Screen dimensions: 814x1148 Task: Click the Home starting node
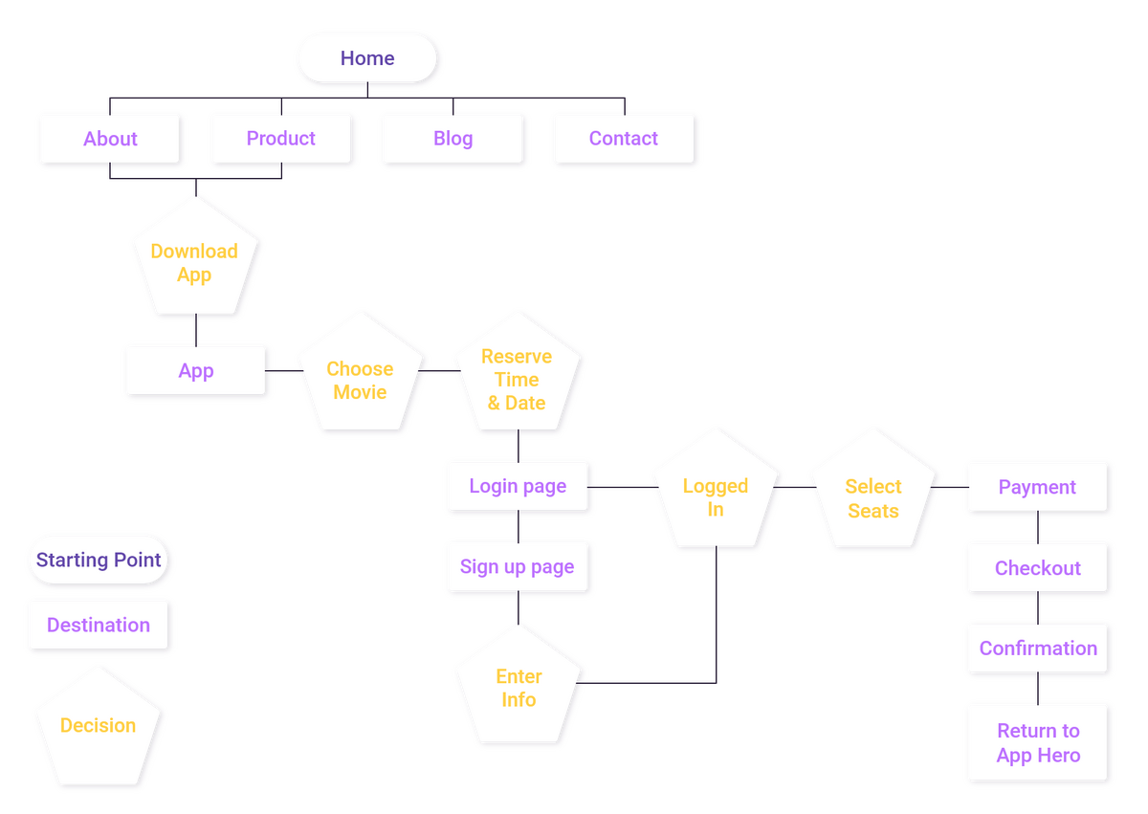pos(367,58)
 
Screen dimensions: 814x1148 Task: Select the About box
pos(110,139)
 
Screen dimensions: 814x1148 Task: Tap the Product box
pos(281,139)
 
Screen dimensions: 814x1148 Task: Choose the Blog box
pos(453,139)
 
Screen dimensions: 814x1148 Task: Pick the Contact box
pos(624,139)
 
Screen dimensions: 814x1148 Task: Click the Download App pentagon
pos(194,262)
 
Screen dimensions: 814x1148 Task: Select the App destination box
pos(196,371)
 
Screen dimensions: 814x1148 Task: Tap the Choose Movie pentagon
pos(360,379)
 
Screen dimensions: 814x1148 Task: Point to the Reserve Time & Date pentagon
pos(517,379)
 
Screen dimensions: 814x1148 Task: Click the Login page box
pos(518,487)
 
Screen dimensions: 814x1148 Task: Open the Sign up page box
pos(518,567)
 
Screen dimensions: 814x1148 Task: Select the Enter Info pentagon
pos(519,688)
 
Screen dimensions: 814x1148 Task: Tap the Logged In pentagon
pos(716,496)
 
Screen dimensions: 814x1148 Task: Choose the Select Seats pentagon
pos(872,497)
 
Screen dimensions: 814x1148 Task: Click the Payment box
pos(1038,487)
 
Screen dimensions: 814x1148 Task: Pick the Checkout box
pos(1038,568)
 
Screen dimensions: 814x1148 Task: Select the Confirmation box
pos(1038,649)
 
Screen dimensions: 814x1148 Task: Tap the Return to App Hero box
pos(1038,743)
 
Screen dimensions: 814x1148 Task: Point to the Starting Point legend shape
pos(99,560)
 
